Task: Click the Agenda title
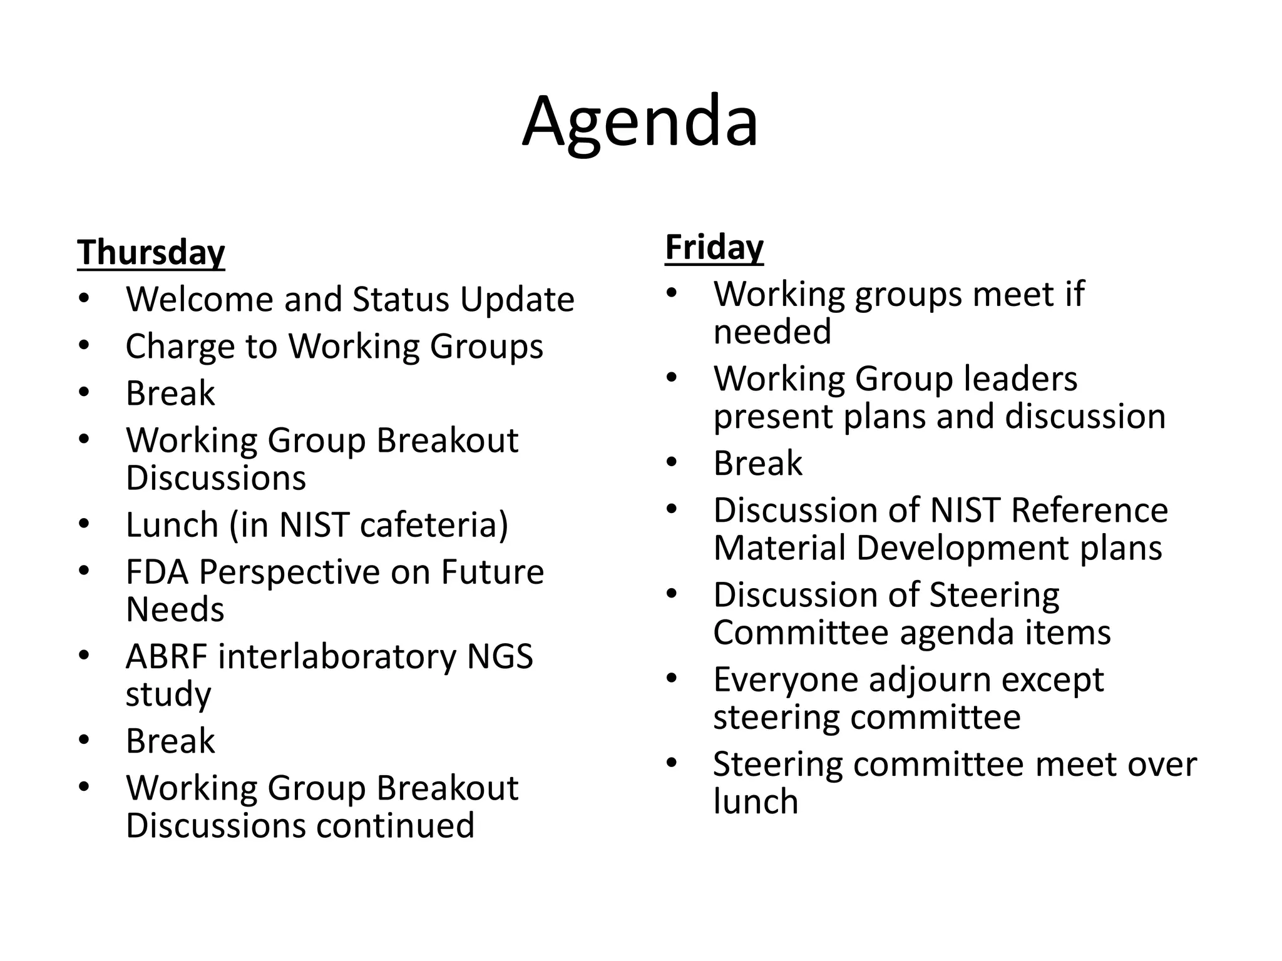tap(640, 122)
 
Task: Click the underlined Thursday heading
tap(151, 253)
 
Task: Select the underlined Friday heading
tap(714, 247)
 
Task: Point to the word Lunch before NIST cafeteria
tap(172, 525)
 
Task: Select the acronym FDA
tap(156, 572)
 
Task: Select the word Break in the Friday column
tap(757, 464)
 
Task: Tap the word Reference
tap(1089, 511)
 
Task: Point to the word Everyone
tap(786, 680)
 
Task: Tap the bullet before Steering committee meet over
tap(672, 763)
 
